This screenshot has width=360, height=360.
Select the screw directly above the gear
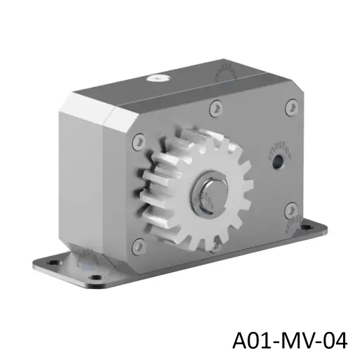click(x=216, y=107)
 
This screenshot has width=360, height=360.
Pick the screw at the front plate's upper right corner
click(x=291, y=108)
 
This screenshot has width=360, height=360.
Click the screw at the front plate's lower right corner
click(x=289, y=210)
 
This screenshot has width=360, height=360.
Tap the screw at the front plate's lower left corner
click(x=139, y=245)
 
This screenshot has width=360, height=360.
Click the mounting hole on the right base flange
click(x=311, y=226)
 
